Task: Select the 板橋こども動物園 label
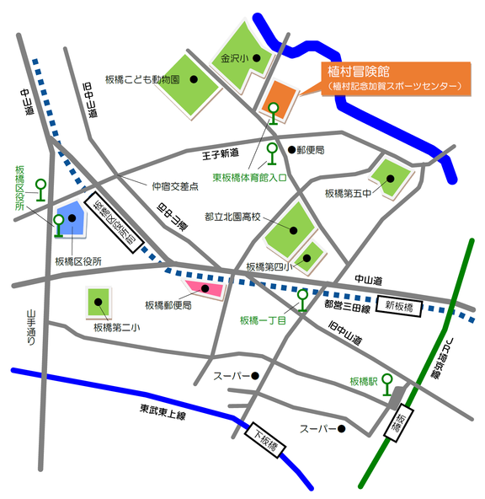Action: point(142,79)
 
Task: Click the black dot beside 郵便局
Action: point(291,150)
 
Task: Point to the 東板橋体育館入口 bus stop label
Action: point(249,177)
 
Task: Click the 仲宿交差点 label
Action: point(174,186)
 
